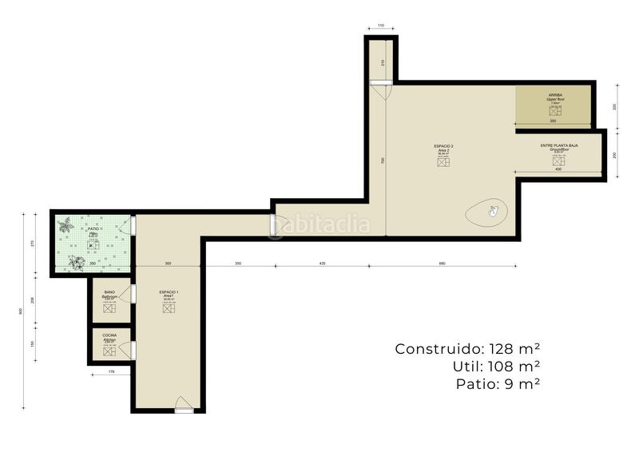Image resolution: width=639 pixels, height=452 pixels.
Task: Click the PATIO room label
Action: (93, 228)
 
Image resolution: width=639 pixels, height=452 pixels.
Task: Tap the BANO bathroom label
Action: (109, 293)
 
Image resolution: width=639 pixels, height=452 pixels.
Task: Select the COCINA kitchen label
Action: (109, 336)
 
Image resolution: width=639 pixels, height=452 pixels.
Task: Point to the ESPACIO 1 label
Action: (169, 294)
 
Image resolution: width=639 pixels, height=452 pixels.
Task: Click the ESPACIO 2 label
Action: (443, 147)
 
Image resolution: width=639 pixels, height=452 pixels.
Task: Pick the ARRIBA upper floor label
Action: (555, 97)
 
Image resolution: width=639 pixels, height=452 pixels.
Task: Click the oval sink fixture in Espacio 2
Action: (486, 212)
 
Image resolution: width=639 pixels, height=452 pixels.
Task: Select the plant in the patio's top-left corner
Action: (67, 224)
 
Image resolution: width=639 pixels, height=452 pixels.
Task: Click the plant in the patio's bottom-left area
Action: (77, 261)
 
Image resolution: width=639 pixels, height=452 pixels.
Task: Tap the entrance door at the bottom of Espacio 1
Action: (184, 405)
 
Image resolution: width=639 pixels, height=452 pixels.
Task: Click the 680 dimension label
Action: (442, 263)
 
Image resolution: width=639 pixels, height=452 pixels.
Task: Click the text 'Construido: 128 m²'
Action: (467, 349)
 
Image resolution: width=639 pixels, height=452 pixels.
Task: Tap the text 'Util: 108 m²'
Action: (496, 367)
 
